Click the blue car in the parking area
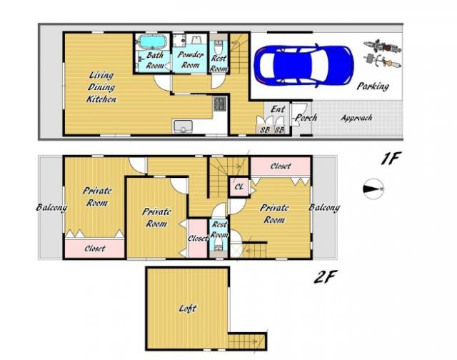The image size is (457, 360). pos(303,65)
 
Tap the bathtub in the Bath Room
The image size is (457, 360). pos(152,41)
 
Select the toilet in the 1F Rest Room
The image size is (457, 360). pos(218,46)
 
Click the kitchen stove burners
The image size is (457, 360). pos(220,104)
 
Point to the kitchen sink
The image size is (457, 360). pos(183,127)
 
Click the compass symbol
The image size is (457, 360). pos(373,189)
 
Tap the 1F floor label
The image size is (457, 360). pos(391,159)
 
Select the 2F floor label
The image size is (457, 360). pos(326,276)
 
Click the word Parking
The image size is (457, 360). pos(373,86)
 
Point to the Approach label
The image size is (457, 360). pos(357,118)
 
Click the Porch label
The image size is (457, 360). pos(306,117)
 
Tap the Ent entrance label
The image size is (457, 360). pos(278,109)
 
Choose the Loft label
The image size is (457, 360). pos(187,309)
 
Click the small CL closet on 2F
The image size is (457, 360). pos(238,186)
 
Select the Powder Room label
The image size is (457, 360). pos(191,60)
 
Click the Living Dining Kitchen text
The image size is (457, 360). pos(101,87)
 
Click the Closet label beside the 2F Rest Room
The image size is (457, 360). pos(198,239)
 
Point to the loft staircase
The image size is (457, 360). pos(247,341)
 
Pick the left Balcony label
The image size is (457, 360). pos(51,208)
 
